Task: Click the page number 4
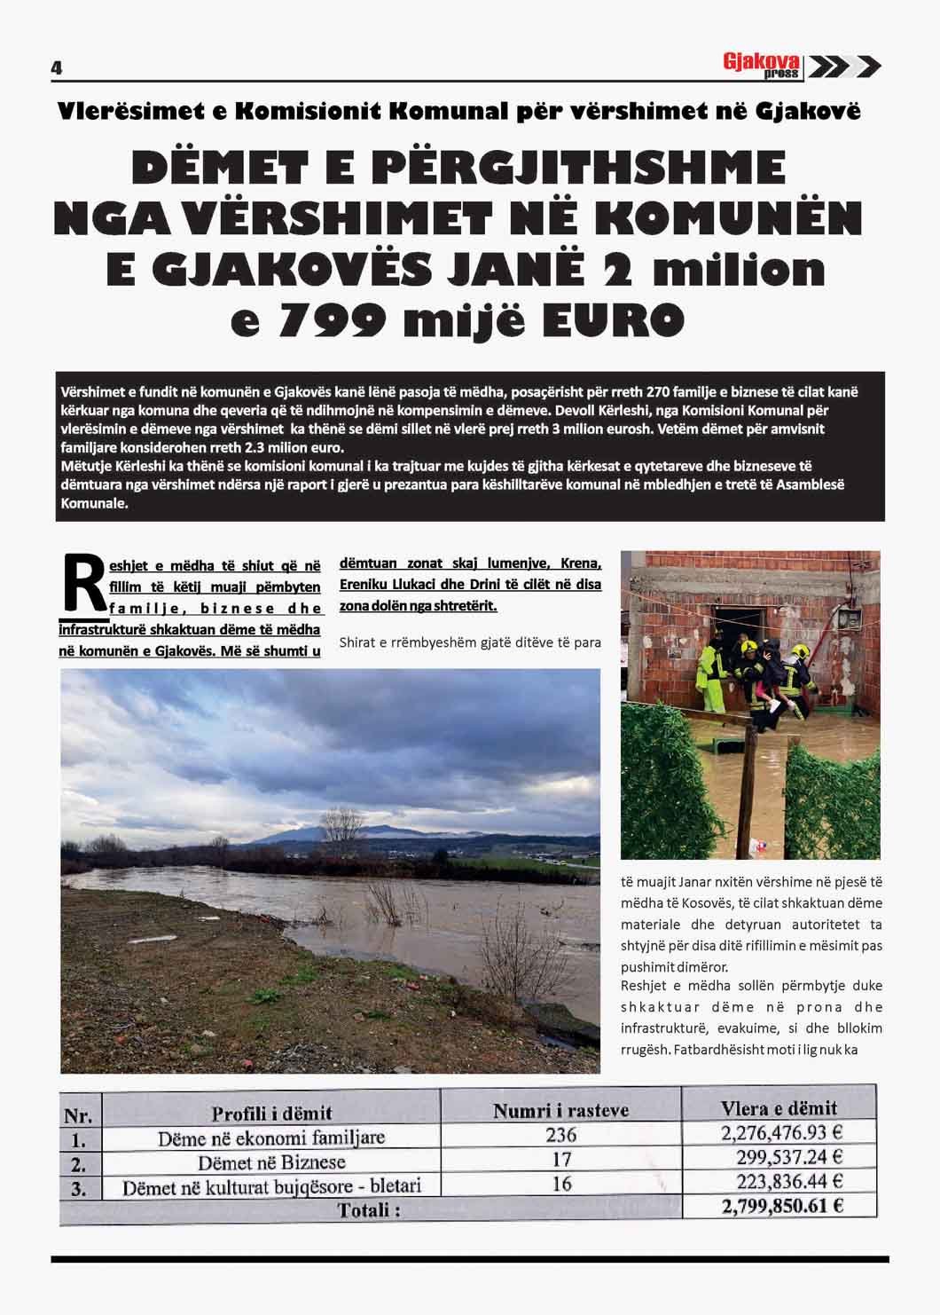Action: pos(56,67)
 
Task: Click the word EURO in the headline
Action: pos(608,320)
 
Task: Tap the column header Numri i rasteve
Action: pos(560,1109)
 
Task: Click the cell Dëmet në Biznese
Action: pos(271,1161)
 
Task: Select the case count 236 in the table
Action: pos(560,1134)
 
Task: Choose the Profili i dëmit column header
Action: pos(271,1113)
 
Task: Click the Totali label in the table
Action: pos(368,1209)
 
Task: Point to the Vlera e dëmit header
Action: pos(779,1107)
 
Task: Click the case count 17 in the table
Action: pos(560,1158)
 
